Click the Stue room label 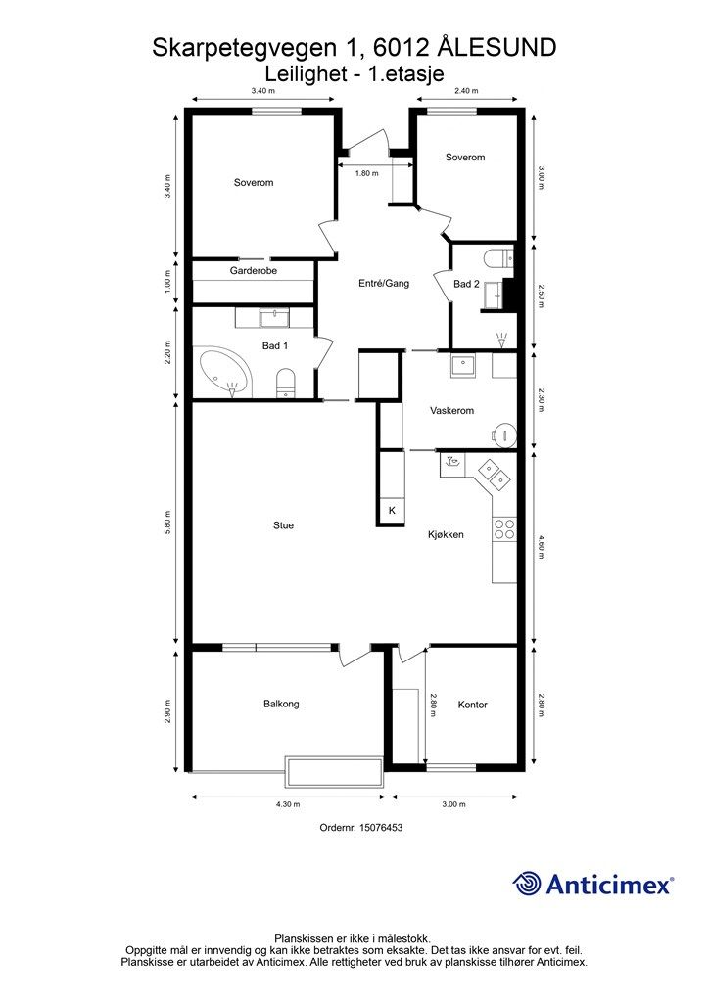[283, 525]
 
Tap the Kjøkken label [446, 535]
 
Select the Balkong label [281, 704]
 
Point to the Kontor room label [472, 705]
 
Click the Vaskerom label [452, 410]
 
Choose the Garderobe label [254, 270]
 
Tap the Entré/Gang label [384, 283]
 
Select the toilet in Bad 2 [499, 258]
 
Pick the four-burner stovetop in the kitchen [503, 529]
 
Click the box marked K [393, 510]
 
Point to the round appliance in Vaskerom [505, 434]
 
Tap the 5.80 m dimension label [167, 524]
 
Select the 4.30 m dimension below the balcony [288, 804]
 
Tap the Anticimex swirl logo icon [527, 884]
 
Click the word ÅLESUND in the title [499, 48]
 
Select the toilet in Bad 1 [286, 383]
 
